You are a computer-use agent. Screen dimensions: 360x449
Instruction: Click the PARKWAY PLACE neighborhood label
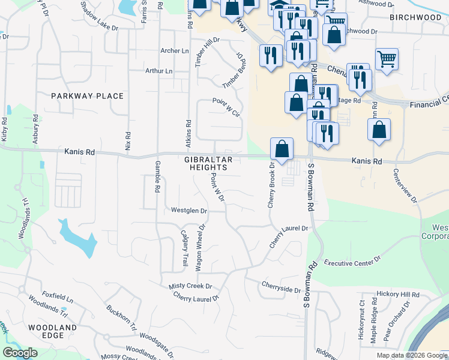click(87, 96)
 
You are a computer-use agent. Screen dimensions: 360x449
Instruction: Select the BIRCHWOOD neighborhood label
click(415, 17)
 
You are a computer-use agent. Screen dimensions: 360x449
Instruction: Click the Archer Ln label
click(175, 51)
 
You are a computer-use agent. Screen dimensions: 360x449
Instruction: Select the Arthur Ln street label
click(159, 71)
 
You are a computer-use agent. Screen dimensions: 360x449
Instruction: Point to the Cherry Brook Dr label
click(271, 185)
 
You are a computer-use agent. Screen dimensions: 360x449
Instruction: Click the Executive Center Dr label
click(352, 262)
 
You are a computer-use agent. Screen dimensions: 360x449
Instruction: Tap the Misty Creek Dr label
click(190, 286)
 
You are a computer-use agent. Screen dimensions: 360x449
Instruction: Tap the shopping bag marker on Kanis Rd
click(282, 149)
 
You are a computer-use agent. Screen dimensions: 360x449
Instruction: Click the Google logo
click(20, 353)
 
